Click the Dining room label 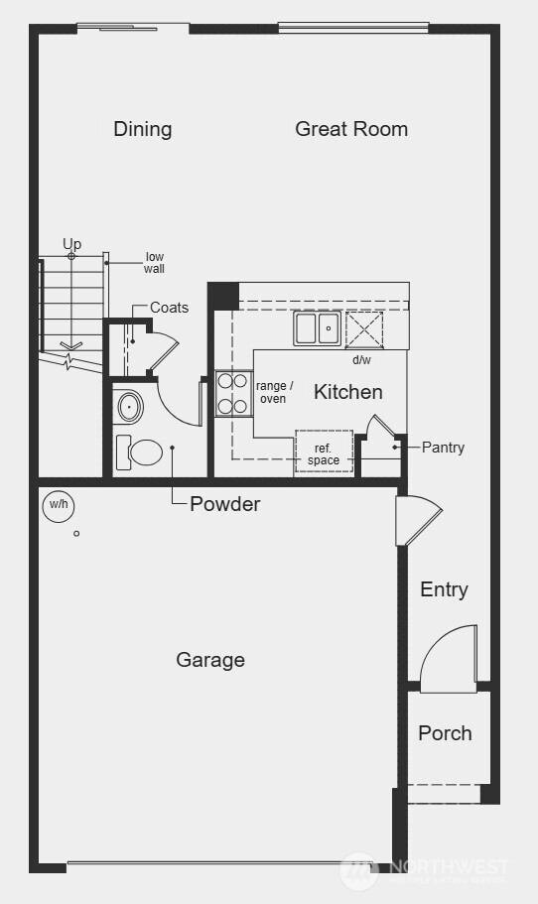click(142, 129)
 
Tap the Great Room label click(351, 129)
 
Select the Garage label click(210, 660)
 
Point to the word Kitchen click(348, 392)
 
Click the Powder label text click(225, 504)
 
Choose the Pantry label click(443, 448)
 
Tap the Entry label click(444, 589)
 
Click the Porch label click(445, 733)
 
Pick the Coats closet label click(170, 308)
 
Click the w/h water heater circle click(59, 506)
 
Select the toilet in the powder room click(140, 452)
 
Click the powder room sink click(129, 407)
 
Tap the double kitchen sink click(318, 327)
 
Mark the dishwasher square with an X click(363, 328)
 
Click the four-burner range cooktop click(232, 393)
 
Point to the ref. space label click(324, 454)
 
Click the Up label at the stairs click(71, 244)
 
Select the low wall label click(155, 263)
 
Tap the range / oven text click(275, 392)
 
